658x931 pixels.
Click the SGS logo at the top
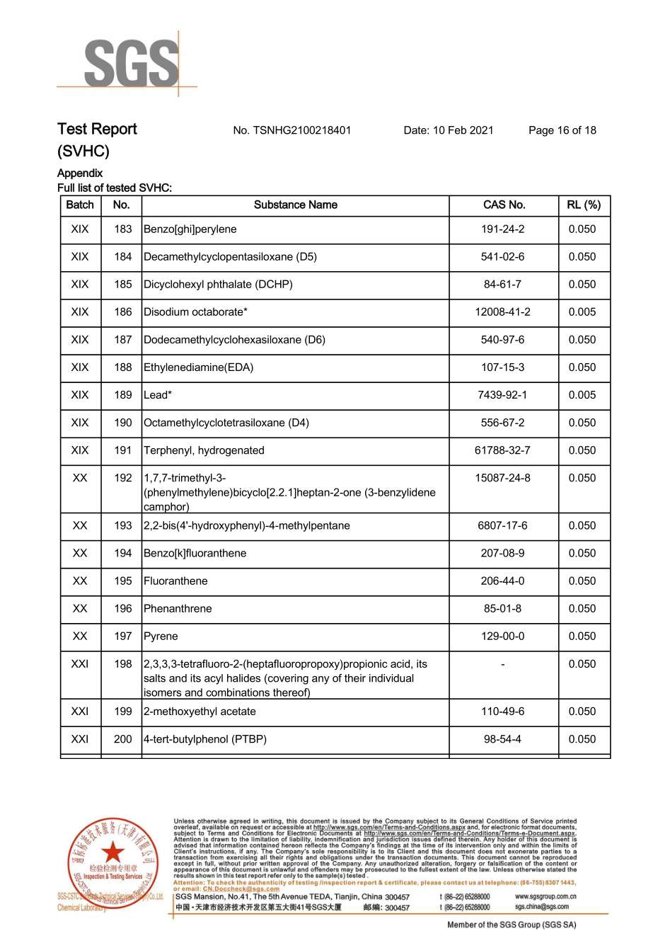coord(132,64)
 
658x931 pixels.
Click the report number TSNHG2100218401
coord(292,130)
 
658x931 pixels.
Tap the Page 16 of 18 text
coord(562,130)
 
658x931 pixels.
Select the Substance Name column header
coord(295,205)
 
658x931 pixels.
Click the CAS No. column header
coord(504,205)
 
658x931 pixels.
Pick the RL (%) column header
coord(583,205)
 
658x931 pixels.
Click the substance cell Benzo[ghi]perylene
coord(190,229)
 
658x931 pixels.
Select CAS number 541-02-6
coord(502,257)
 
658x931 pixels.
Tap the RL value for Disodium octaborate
coord(582,312)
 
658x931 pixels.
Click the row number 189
coord(123,395)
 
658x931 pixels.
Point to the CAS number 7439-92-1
coord(502,395)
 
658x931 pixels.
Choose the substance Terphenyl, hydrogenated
coord(204,450)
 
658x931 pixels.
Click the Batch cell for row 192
coord(80,479)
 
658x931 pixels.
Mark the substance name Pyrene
coord(161,636)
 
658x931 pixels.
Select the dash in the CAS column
coord(502,665)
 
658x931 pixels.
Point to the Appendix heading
coord(80,173)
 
